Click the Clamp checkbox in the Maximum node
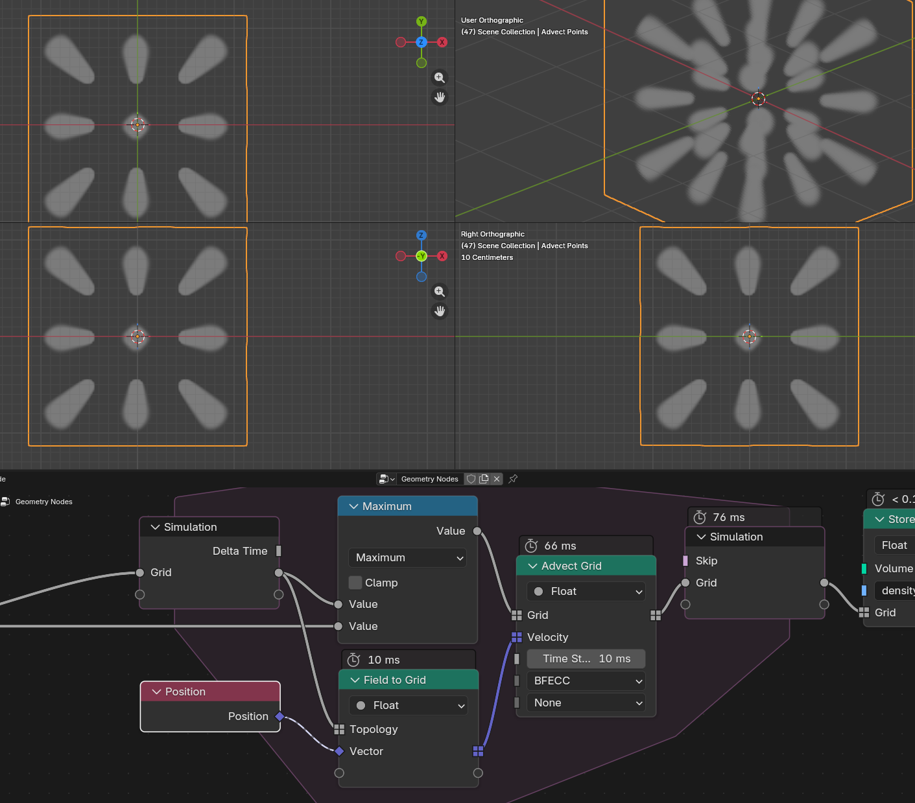355,583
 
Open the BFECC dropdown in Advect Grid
586,681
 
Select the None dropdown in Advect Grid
586,703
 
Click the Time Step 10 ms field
586,658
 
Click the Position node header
210,692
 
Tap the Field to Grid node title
395,680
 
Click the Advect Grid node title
571,566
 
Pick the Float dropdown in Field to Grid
409,706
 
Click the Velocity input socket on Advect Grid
517,637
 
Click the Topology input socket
339,729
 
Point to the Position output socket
279,716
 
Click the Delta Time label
240,551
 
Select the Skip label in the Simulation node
706,561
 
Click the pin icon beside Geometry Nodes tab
513,479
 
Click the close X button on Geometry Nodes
497,479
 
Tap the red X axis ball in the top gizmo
442,42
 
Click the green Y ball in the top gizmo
422,21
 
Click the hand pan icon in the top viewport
440,97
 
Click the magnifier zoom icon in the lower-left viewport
440,291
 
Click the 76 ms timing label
728,517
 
